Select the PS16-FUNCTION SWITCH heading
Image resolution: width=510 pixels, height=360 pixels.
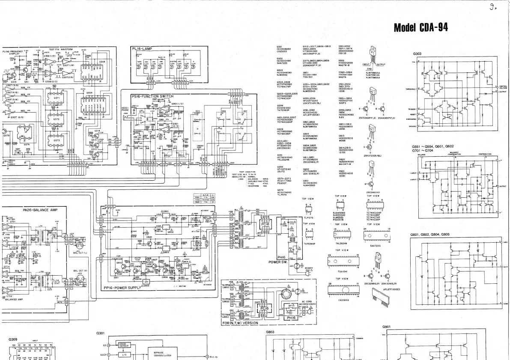click(153, 96)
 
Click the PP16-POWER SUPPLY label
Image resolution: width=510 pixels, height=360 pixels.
click(122, 288)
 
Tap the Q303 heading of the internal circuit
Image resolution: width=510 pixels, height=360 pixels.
click(418, 54)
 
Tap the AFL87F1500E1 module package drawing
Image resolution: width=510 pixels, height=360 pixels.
click(381, 285)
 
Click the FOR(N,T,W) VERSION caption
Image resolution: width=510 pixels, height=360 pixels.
click(241, 323)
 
